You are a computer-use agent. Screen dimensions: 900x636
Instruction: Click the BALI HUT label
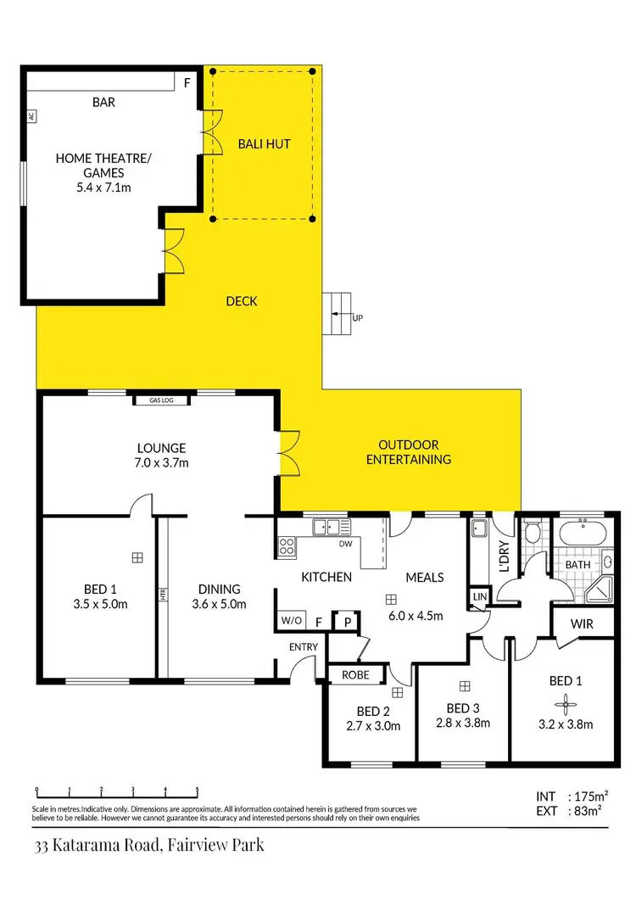tap(264, 144)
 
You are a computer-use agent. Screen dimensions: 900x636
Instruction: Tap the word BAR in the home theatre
tap(103, 103)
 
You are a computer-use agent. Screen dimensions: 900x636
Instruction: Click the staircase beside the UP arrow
tap(338, 314)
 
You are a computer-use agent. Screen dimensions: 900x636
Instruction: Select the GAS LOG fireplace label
tap(161, 400)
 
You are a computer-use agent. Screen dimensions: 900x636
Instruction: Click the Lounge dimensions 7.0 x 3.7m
tap(161, 463)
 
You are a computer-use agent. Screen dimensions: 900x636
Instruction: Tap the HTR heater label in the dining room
tap(163, 595)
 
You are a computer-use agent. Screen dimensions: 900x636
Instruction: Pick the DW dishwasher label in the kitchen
tap(345, 545)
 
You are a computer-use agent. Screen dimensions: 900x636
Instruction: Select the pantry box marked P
tap(346, 621)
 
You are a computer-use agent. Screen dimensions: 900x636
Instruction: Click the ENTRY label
tap(304, 647)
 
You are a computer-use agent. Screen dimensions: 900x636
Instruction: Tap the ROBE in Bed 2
tap(355, 676)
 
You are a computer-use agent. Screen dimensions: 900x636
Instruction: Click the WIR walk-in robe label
tap(582, 624)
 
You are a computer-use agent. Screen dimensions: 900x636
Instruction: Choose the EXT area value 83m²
tap(586, 811)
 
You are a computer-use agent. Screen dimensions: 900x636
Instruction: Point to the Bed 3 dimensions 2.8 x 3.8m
tap(463, 724)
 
